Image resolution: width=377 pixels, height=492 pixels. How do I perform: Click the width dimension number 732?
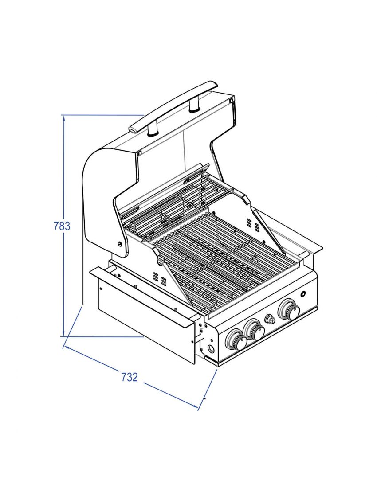coord(130,377)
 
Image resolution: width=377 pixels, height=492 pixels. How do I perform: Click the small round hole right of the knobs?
coord(303,294)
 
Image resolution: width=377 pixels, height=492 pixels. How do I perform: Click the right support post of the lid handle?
coord(194,105)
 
